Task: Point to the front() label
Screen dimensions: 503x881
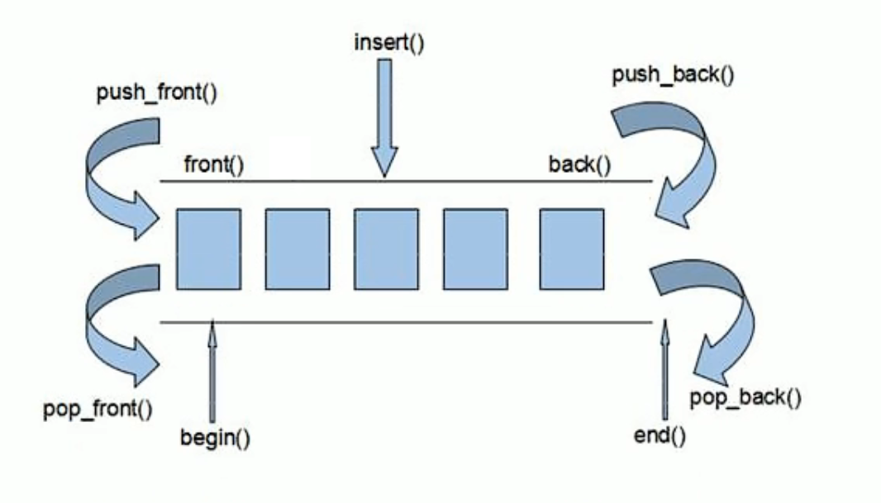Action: coord(214,164)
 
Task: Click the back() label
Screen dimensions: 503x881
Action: coord(579,164)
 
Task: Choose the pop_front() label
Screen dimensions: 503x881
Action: coord(98,409)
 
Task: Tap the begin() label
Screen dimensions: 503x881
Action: coord(216,437)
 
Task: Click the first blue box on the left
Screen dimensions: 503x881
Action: coord(208,249)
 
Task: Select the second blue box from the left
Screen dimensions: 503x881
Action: coord(298,249)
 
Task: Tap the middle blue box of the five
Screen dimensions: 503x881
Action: coord(386,249)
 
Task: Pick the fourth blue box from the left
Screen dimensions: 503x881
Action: coord(475,249)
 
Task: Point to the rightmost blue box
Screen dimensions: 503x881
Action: coord(571,249)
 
